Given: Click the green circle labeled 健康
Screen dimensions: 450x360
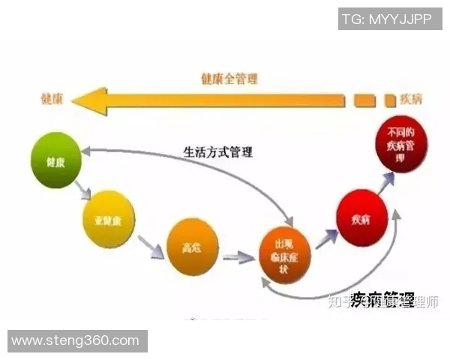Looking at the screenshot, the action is [55, 160].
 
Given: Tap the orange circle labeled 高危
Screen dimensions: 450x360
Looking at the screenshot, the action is [192, 245].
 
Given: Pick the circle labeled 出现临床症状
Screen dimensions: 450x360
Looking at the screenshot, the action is [284, 256].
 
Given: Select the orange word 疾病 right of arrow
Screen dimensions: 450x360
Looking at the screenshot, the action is [412, 99].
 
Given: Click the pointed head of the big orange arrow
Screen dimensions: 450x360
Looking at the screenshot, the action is [88, 100].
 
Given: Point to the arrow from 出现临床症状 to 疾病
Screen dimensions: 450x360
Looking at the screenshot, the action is [324, 238].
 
